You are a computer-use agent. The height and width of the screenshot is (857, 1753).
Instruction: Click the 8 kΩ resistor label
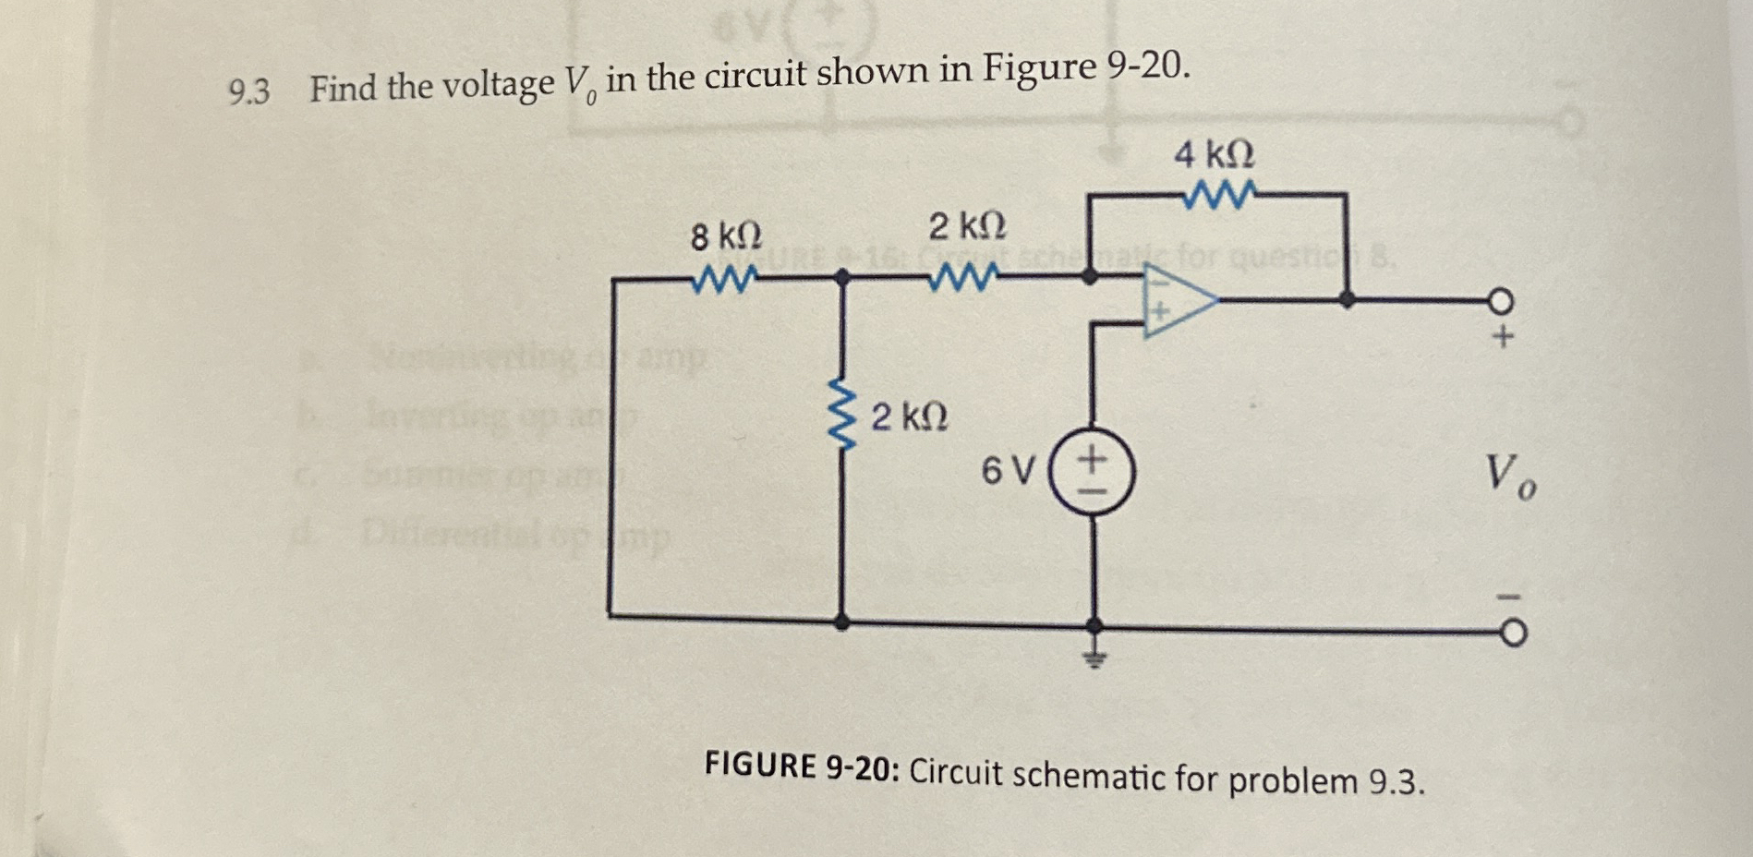[x=727, y=236]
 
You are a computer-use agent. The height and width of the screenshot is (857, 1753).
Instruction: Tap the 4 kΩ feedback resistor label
[x=1215, y=153]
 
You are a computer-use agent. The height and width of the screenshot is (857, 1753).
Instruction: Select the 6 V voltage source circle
[x=1094, y=473]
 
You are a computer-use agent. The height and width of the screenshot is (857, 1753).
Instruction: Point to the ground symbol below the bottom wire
[x=1094, y=658]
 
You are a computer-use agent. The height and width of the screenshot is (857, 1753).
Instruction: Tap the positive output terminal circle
[x=1501, y=301]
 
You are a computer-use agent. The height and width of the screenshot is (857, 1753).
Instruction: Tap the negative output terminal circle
[x=1512, y=634]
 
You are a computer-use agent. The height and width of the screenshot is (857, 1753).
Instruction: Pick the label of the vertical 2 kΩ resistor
[x=910, y=417]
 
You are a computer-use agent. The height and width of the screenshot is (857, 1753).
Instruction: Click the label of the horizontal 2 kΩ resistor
[x=967, y=225]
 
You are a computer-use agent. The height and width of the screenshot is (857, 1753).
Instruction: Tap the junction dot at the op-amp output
[x=1348, y=299]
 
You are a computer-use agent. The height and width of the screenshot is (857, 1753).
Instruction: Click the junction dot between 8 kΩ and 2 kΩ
[x=841, y=275]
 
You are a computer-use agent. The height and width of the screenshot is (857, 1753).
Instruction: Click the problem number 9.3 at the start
[x=248, y=91]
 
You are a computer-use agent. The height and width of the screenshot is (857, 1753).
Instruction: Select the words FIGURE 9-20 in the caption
[x=800, y=766]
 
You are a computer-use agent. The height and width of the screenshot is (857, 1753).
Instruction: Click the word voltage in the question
[x=498, y=85]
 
